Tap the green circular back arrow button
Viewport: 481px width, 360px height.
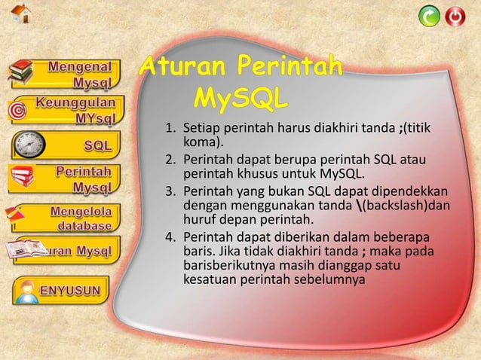(429, 16)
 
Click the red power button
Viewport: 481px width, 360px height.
(455, 16)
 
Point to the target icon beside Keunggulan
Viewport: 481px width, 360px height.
(17, 110)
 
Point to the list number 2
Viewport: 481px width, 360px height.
(170, 159)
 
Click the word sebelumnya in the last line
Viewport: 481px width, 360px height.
(329, 280)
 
